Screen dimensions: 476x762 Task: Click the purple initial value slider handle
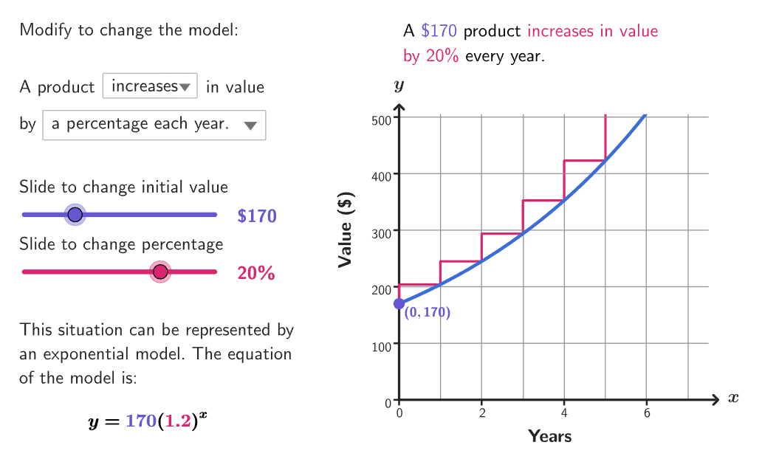coord(75,215)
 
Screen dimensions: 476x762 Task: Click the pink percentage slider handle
coord(160,272)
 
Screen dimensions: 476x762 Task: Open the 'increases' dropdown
coord(150,86)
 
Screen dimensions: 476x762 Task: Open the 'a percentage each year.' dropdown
coord(154,125)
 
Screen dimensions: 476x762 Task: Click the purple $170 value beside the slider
coord(257,216)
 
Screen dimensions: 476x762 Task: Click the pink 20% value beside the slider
coord(256,274)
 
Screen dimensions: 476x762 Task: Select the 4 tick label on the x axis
coord(564,413)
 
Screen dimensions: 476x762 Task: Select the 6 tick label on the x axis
coord(647,413)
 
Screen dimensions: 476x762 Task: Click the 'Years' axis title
coord(549,436)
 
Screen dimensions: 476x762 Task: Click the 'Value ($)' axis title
coord(345,230)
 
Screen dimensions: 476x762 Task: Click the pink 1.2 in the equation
coord(176,422)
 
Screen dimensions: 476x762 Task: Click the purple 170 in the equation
coord(141,422)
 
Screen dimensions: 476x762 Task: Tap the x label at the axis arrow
coord(732,399)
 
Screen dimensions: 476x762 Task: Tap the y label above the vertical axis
coord(399,86)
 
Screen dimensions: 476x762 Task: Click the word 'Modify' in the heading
coord(43,31)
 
